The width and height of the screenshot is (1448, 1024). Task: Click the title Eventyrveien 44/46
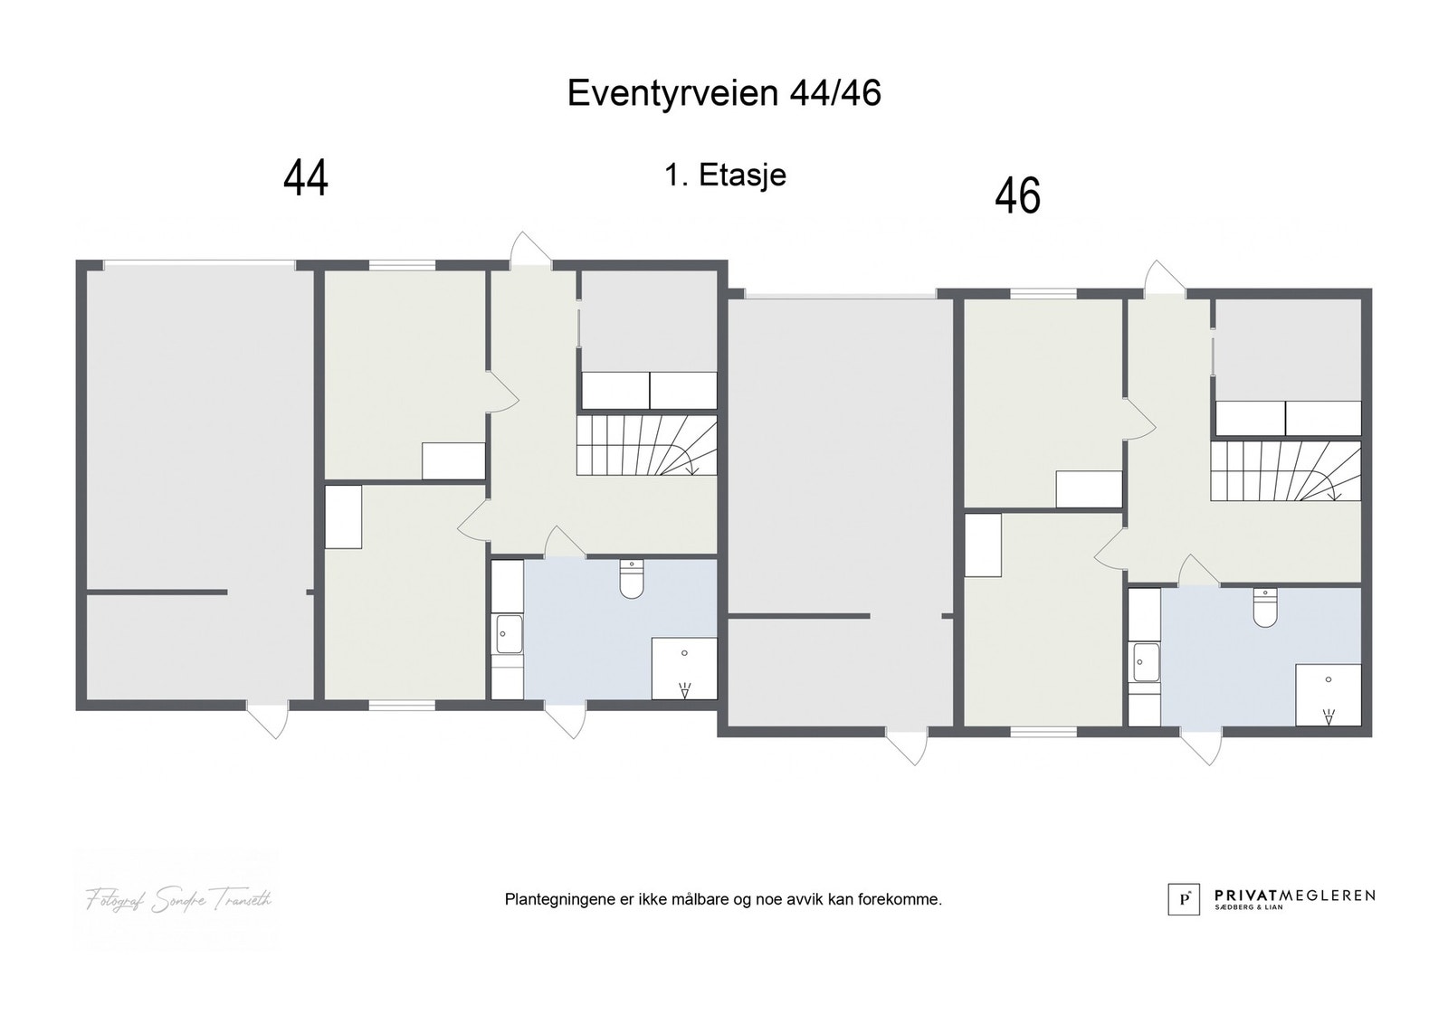(724, 93)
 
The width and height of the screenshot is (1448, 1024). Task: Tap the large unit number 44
(306, 178)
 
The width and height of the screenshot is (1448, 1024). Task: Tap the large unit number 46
(1017, 196)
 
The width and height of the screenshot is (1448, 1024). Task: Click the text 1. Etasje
(725, 175)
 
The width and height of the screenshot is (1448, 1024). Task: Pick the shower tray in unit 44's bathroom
(684, 668)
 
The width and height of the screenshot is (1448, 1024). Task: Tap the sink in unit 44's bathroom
(509, 633)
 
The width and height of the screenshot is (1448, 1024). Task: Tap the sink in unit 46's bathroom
(1145, 662)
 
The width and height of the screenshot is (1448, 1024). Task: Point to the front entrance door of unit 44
(530, 250)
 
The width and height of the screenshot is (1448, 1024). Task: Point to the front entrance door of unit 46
(1165, 277)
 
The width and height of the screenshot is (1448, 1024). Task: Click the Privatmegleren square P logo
(1183, 899)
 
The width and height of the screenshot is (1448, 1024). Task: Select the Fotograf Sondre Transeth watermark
(178, 899)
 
